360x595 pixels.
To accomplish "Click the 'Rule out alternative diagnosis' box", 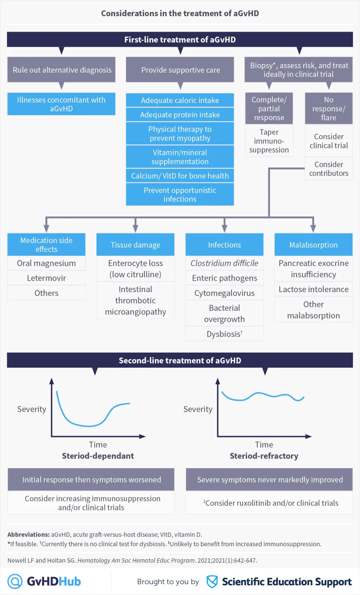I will (62, 70).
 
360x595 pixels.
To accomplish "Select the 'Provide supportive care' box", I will (180, 70).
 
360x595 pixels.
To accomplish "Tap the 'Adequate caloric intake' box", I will (180, 100).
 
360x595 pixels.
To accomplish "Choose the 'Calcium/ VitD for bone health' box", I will (180, 176).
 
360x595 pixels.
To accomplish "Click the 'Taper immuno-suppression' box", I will (269, 141).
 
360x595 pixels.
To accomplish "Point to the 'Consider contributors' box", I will (329, 169).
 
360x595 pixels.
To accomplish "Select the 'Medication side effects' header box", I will (46, 245).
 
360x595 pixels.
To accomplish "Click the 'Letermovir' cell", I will (46, 278).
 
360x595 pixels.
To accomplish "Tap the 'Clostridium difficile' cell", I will (224, 263).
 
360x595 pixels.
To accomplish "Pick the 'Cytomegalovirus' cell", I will (224, 293).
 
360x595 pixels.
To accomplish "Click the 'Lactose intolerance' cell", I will (314, 289).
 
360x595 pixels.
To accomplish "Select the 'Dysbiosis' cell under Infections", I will (224, 334).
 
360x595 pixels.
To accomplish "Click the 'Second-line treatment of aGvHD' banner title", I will (180, 360).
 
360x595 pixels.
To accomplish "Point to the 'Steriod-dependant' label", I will (98, 456).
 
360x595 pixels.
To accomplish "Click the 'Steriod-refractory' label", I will (264, 456).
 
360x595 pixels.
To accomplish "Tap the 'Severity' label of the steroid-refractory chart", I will (198, 409).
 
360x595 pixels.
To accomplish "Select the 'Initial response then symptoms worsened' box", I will (91, 480).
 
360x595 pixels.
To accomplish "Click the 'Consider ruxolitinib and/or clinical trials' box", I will (270, 503).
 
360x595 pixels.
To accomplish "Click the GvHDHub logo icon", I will (15, 581).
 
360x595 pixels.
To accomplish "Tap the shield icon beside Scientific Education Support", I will (212, 581).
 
